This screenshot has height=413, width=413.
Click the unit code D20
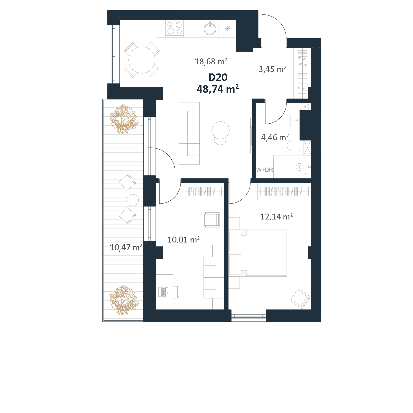point(218,77)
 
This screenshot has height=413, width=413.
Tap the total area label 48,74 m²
point(218,89)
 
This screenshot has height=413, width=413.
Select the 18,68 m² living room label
point(211,62)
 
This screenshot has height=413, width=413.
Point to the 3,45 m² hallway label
point(272,69)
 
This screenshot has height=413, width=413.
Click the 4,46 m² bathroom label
point(275,137)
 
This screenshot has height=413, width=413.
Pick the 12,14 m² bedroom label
point(276,217)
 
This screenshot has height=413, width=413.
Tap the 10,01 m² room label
point(183,240)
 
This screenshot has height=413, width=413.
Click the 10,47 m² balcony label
point(126,247)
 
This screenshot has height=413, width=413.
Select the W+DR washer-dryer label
point(265,170)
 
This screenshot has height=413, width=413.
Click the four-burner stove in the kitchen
point(174,28)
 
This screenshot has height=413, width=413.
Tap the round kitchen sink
point(210,29)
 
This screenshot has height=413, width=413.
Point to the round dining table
point(142,60)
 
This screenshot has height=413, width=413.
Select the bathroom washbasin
point(295,120)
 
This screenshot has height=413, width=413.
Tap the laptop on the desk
point(163,292)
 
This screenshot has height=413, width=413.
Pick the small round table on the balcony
point(133,200)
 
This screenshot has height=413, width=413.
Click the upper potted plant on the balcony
point(123,119)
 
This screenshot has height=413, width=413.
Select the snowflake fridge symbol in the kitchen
point(228,29)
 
